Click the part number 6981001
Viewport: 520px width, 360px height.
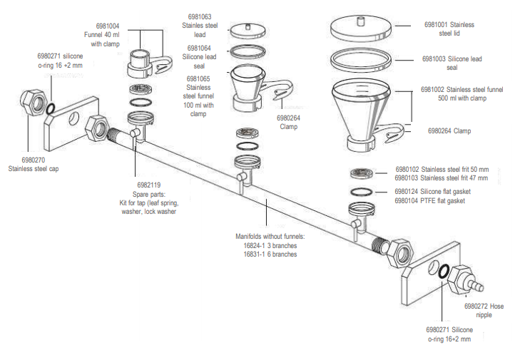tap(438, 24)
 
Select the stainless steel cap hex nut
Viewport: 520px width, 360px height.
tap(32, 103)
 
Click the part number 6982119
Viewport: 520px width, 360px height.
tap(148, 185)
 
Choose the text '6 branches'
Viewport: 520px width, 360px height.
tap(282, 254)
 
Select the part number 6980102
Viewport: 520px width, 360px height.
tap(408, 169)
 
